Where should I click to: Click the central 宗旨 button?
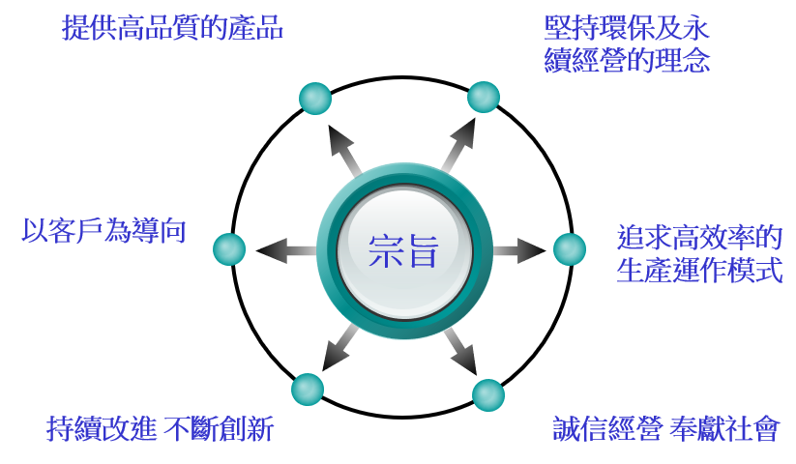coord(404,250)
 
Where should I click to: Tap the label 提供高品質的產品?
coord(172,28)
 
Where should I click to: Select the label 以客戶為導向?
coord(104,231)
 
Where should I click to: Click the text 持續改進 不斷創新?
coord(161,428)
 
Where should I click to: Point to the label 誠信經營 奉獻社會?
coord(665,428)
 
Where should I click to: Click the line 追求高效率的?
coord(699,238)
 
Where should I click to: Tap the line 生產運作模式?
coord(699,270)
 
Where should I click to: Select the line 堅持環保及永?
coord(627,28)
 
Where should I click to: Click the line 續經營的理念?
coord(627,60)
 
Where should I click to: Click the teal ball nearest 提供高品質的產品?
coord(315,99)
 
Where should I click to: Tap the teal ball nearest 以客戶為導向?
coord(229,249)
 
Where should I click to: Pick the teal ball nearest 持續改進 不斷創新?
coord(308,390)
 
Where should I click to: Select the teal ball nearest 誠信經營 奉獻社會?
coord(488,395)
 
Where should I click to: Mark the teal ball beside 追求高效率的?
coord(570,249)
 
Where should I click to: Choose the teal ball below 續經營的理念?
coord(484,97)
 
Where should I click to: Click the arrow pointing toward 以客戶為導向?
coord(287,250)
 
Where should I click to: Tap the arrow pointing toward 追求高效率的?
coord(518,250)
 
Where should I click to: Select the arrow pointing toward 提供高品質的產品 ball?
coord(344,150)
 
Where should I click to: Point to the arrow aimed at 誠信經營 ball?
coord(460,351)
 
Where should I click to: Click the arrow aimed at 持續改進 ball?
coord(340,348)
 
